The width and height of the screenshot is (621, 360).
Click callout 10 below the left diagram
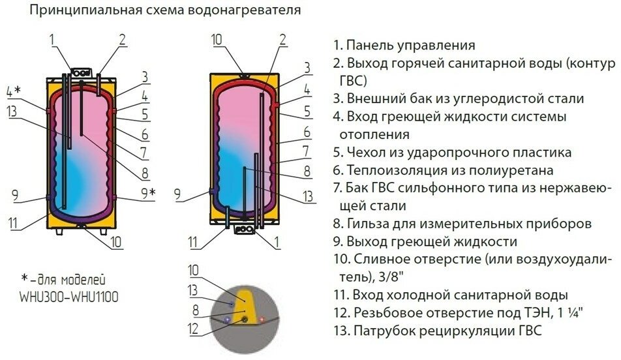point(115,243)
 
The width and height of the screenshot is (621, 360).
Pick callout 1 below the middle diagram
point(278,243)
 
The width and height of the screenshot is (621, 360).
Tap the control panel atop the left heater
point(82,74)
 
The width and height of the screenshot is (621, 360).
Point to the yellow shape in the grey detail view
point(242,303)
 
